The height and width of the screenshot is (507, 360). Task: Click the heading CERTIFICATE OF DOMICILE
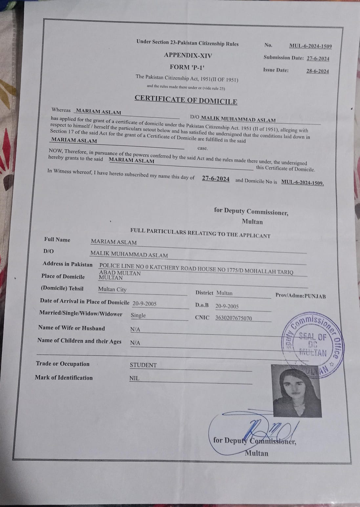click(x=186, y=99)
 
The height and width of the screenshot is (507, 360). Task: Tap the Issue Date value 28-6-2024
click(x=317, y=71)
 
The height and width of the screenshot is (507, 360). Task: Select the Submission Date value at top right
click(x=318, y=59)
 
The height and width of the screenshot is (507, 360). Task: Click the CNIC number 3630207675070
click(x=233, y=318)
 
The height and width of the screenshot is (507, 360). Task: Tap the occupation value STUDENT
click(x=143, y=365)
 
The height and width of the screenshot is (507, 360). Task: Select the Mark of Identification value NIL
click(x=134, y=378)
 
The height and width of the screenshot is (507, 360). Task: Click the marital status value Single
click(x=138, y=315)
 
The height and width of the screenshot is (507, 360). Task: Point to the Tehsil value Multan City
click(x=112, y=289)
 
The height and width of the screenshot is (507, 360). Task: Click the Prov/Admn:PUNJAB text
click(x=300, y=296)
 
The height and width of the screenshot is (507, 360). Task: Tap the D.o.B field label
click(x=202, y=305)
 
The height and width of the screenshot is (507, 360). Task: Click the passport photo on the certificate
click(x=296, y=390)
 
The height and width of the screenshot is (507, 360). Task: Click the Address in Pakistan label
click(x=68, y=264)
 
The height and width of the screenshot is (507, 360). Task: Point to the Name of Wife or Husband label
click(x=72, y=328)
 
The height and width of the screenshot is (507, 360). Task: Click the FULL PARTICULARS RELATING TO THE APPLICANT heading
click(x=200, y=233)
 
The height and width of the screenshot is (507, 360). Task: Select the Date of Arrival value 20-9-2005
click(x=144, y=304)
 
